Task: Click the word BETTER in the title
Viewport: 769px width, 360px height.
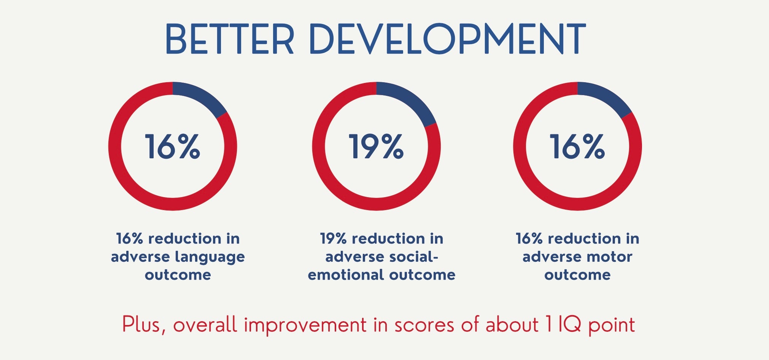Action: [230, 39]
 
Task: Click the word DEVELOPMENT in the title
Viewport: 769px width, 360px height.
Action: [448, 39]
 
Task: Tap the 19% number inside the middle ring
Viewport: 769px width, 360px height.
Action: [376, 147]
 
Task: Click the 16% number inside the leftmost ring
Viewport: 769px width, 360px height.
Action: [172, 147]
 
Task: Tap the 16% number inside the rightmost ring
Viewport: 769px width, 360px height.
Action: [577, 147]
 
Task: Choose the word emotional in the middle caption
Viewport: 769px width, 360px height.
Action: [346, 275]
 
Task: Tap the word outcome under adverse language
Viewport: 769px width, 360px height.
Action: [178, 275]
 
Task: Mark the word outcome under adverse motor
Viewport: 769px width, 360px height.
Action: [577, 275]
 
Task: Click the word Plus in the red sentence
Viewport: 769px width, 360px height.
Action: [143, 325]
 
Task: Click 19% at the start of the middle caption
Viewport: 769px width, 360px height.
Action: [333, 239]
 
